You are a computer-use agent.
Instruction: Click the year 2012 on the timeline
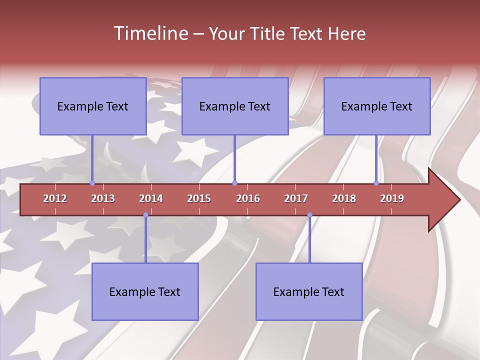pyautogui.click(x=55, y=198)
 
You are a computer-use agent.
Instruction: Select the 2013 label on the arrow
pyautogui.click(x=103, y=198)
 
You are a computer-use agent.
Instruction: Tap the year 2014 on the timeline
pyautogui.click(x=151, y=198)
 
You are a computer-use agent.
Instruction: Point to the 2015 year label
pyautogui.click(x=199, y=198)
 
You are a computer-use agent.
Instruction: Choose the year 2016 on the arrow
pyautogui.click(x=248, y=198)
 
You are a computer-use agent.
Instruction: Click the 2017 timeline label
pyautogui.click(x=296, y=198)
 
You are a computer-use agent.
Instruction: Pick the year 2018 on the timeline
pyautogui.click(x=344, y=198)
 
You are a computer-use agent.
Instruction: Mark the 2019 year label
pyautogui.click(x=392, y=198)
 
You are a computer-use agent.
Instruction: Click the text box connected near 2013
pyautogui.click(x=93, y=106)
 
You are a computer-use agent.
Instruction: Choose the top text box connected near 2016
pyautogui.click(x=235, y=106)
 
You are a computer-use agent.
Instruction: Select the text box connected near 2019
pyautogui.click(x=377, y=106)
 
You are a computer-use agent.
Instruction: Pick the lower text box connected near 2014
pyautogui.click(x=145, y=291)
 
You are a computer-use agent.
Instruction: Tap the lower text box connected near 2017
pyautogui.click(x=309, y=291)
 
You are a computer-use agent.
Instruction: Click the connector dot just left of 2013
pyautogui.click(x=92, y=183)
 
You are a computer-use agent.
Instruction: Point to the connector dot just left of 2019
pyautogui.click(x=376, y=183)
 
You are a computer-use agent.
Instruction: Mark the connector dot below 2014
pyautogui.click(x=145, y=215)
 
